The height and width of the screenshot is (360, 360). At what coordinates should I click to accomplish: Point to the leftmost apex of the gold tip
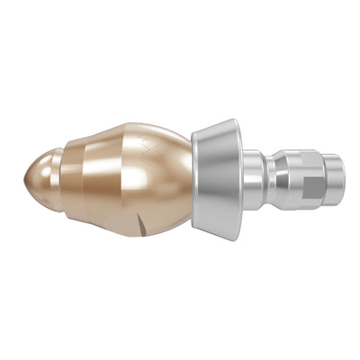23,176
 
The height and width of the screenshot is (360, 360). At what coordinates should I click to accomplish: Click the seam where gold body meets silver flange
192,180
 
